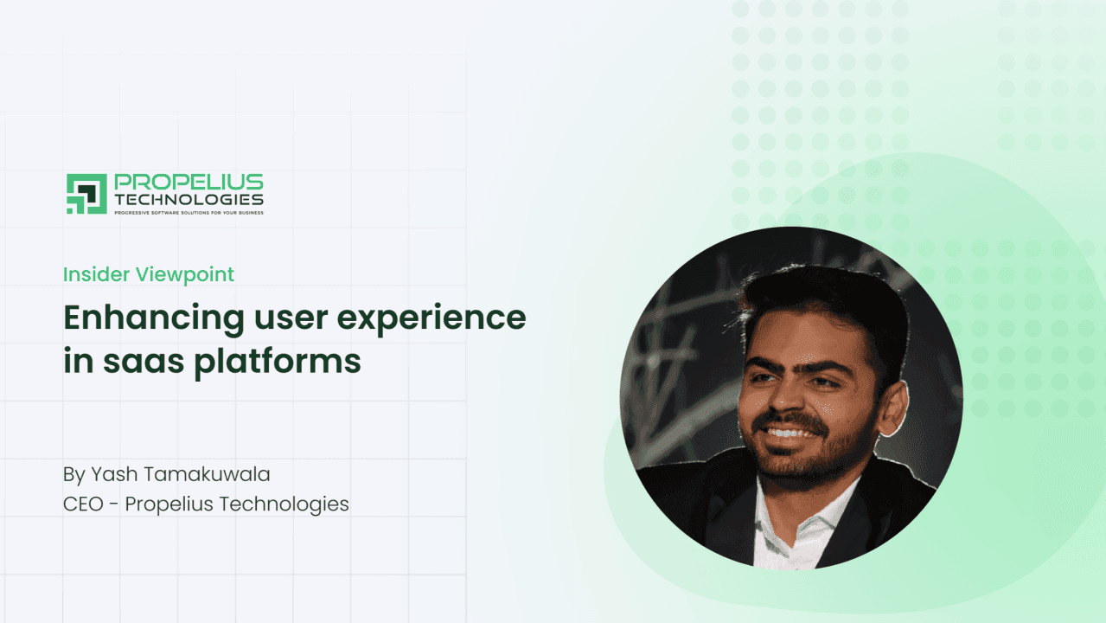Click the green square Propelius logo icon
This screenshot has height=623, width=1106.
(x=86, y=194)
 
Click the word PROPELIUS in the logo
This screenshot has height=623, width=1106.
(x=189, y=182)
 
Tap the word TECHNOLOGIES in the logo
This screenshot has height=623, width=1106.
(x=189, y=200)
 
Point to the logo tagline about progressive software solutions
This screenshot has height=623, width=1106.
(x=189, y=213)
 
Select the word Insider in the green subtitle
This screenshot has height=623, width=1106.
(x=96, y=274)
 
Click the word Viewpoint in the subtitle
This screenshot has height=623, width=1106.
(x=185, y=275)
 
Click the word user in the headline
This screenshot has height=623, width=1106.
(x=291, y=318)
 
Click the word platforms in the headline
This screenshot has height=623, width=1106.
(x=278, y=363)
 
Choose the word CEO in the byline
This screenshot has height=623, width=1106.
(x=83, y=504)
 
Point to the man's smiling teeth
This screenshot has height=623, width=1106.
(x=790, y=434)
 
